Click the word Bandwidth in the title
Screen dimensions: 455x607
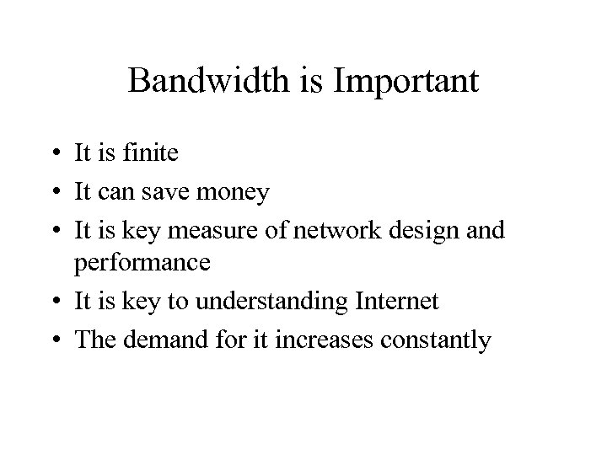click(x=211, y=82)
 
